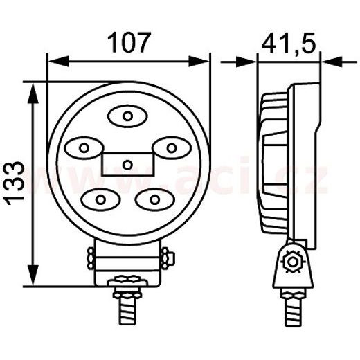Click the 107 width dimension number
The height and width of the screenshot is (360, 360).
coord(128,43)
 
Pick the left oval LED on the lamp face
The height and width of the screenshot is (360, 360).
coord(84,147)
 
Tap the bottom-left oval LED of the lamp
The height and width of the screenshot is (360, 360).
coord(100,200)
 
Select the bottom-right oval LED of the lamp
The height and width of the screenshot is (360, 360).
coord(151,200)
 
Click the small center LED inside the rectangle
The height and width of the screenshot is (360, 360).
coord(128,164)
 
